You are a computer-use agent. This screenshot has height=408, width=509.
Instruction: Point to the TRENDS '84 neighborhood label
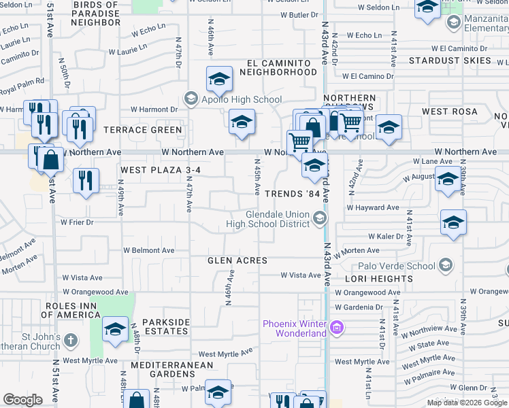click(x=292, y=194)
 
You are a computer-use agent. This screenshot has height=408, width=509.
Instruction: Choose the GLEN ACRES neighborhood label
click(x=237, y=260)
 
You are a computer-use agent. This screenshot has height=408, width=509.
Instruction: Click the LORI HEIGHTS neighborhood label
click(x=379, y=279)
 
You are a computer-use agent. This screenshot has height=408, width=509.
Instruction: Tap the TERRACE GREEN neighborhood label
click(x=143, y=130)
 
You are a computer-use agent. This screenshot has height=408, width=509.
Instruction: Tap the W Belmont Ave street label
click(x=148, y=250)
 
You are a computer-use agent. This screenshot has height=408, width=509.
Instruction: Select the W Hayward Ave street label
click(x=373, y=207)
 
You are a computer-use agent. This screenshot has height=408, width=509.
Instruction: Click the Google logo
click(x=22, y=400)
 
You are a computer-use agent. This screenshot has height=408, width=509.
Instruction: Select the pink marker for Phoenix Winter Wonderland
click(x=336, y=329)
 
